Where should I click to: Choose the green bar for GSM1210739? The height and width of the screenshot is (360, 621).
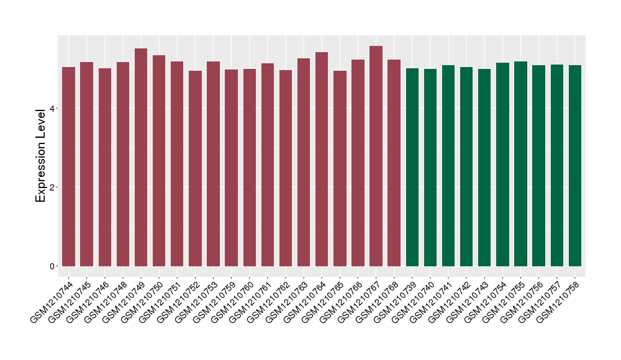point(412,167)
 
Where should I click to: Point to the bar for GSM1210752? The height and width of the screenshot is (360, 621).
point(195,168)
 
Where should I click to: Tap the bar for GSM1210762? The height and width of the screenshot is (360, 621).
point(286,168)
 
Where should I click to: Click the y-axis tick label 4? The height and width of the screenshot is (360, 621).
point(53,109)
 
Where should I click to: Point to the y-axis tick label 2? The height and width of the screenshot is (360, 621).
point(53,187)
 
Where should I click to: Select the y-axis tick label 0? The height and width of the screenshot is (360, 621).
point(53,266)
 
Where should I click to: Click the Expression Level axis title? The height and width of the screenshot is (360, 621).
point(41,155)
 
